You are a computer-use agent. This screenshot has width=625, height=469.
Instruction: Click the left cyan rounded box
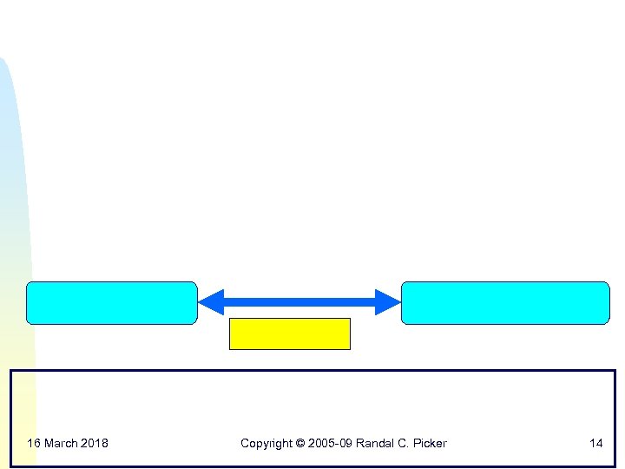pos(112,302)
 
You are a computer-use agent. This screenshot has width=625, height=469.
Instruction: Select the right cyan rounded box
pos(505,302)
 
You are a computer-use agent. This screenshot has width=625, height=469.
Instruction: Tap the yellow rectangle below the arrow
pos(289,334)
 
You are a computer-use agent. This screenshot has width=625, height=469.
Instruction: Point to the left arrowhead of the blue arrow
pos(210,301)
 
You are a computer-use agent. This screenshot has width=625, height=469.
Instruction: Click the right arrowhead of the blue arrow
pos(388,301)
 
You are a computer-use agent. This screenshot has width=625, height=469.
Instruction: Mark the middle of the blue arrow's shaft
pos(299,301)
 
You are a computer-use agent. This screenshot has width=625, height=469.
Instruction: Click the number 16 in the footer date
pos(34,444)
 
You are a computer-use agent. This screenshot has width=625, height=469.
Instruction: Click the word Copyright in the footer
pos(266,444)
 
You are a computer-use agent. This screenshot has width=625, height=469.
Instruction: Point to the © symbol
pos(300,444)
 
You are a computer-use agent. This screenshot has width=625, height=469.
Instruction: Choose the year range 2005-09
pos(331,444)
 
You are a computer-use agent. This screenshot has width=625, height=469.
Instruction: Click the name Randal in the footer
pos(377,444)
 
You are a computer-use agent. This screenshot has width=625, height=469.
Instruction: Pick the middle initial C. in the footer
pos(405,444)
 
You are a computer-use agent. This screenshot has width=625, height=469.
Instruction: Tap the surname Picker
pos(431,444)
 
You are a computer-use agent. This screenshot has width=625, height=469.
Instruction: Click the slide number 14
pos(595,444)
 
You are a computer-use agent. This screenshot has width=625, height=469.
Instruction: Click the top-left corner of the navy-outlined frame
pos(11,371)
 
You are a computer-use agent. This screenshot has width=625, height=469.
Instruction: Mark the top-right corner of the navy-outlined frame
pos(615,371)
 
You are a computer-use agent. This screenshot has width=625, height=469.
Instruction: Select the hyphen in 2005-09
pos(337,444)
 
